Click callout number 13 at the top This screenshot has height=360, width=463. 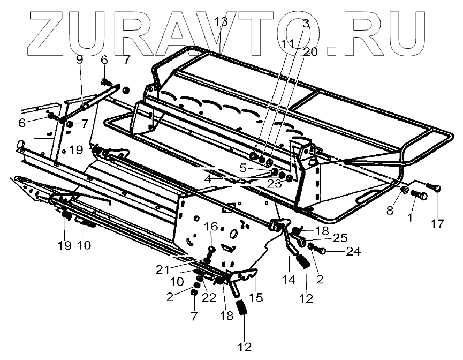click(x=221, y=22)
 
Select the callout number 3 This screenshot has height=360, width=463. click(x=306, y=23)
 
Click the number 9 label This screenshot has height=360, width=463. click(x=80, y=60)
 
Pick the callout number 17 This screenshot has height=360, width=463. click(x=438, y=223)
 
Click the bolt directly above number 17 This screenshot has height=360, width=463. click(x=434, y=188)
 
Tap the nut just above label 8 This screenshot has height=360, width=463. click(x=406, y=190)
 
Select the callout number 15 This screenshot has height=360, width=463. click(x=257, y=296)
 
